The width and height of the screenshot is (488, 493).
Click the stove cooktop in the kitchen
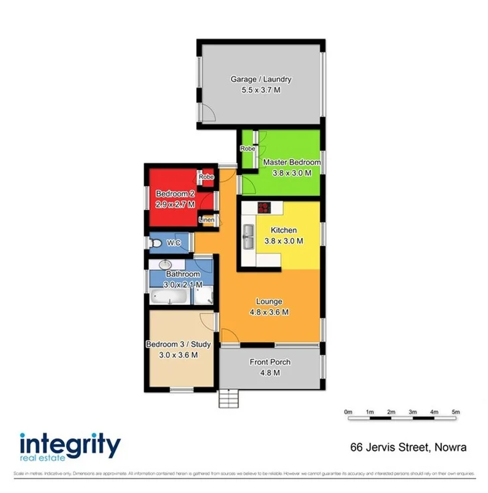tap(263, 207)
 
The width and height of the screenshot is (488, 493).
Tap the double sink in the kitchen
tap(248, 232)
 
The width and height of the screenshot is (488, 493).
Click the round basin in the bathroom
tap(164, 266)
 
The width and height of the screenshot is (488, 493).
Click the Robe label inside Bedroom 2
tap(206, 177)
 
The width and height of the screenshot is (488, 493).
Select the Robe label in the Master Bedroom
tap(248, 149)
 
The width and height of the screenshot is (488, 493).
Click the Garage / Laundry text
tap(261, 79)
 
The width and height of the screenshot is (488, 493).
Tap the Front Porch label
tap(270, 362)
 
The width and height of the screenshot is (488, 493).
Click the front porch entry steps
tap(229, 399)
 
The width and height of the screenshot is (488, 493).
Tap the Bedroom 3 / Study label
tap(178, 344)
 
